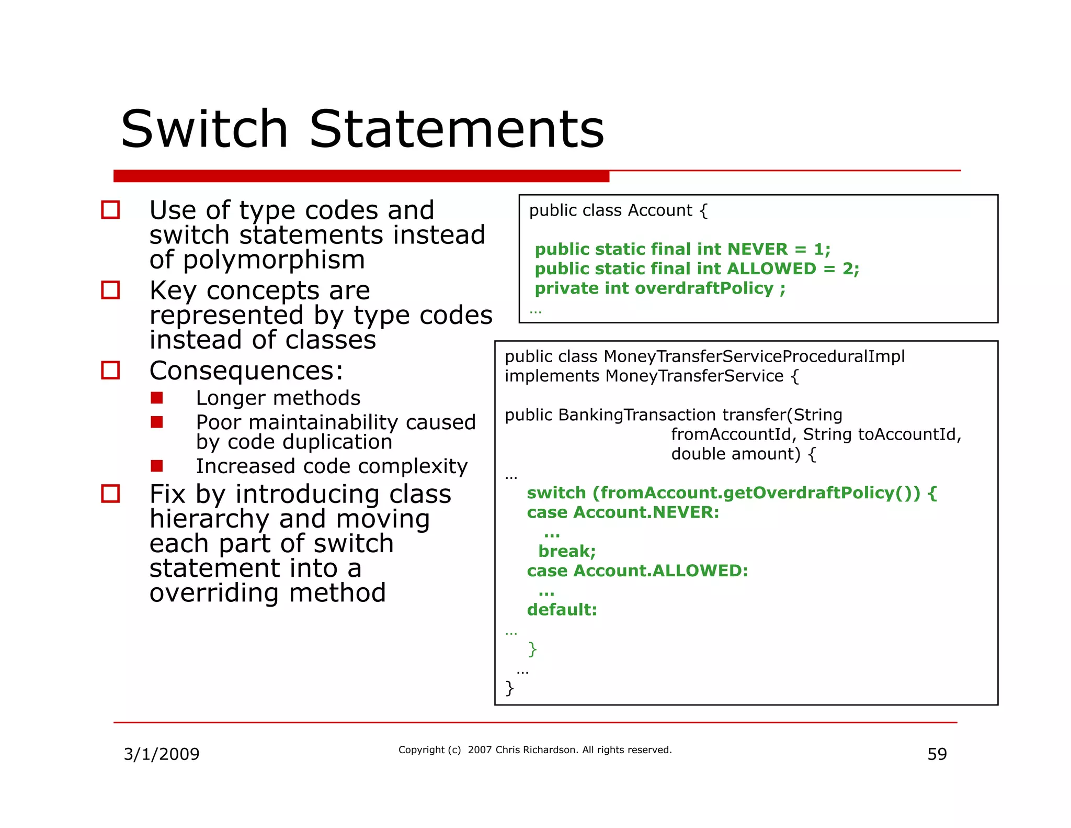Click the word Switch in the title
click(204, 129)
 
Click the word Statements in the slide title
click(457, 129)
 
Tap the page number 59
click(937, 754)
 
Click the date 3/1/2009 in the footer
click(162, 754)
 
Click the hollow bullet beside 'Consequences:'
click(110, 370)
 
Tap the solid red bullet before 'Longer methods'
click(157, 398)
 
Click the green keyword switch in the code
click(556, 493)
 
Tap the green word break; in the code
click(567, 551)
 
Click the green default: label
click(562, 610)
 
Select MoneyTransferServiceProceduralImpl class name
click(754, 356)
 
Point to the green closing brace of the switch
click(532, 649)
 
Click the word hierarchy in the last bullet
click(210, 519)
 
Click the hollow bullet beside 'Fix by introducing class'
click(110, 494)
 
